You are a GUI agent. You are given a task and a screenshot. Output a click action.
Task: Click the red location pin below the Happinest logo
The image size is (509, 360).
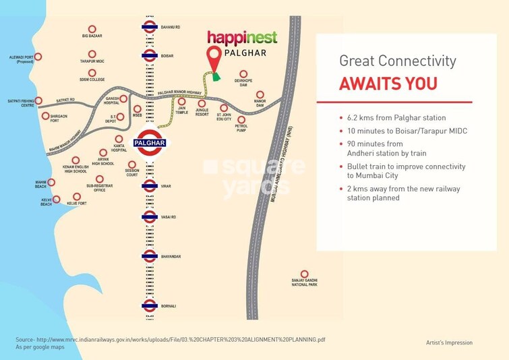click(x=214, y=59)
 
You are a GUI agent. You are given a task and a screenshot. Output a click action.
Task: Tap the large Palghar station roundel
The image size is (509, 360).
click(x=149, y=143)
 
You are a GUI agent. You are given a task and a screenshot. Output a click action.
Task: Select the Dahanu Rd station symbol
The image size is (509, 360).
click(x=150, y=27)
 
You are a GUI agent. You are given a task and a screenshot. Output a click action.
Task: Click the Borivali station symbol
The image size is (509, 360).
click(x=150, y=306)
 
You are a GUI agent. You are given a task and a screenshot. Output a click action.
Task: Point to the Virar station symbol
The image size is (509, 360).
click(x=150, y=185)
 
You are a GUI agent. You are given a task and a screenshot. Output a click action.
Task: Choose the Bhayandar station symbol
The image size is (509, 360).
click(x=150, y=256)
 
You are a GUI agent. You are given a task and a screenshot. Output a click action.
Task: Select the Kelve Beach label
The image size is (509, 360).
click(x=45, y=202)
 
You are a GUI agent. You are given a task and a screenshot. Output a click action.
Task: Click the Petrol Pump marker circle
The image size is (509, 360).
click(x=241, y=119)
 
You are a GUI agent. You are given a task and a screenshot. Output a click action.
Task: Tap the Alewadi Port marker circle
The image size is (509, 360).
click(x=38, y=57)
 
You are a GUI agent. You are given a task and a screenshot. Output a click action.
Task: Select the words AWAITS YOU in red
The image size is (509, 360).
click(x=388, y=84)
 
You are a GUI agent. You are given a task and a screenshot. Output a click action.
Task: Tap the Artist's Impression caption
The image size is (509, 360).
click(x=449, y=343)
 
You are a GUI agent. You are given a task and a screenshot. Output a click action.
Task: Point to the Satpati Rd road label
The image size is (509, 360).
click(x=65, y=100)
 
